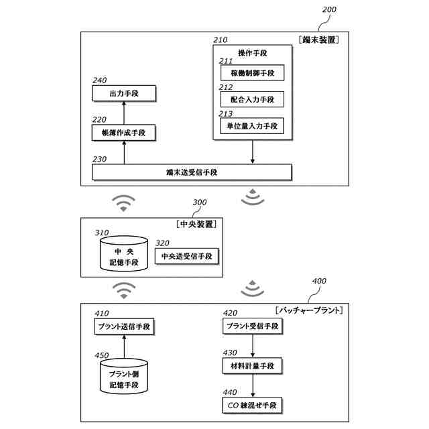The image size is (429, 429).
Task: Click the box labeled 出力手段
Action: pyautogui.click(x=124, y=93)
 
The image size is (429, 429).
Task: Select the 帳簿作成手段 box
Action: pyautogui.click(x=123, y=133)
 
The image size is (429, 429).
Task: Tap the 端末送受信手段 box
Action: pyautogui.click(x=192, y=172)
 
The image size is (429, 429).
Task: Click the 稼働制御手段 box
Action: pyautogui.click(x=252, y=73)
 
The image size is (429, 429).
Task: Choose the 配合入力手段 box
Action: pyautogui.click(x=252, y=99)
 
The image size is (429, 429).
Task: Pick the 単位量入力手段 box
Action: pyautogui.click(x=252, y=126)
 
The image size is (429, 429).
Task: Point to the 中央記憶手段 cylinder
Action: pyautogui.click(x=124, y=253)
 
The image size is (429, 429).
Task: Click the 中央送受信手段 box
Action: pyautogui.click(x=187, y=256)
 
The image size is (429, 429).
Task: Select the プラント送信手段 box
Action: pyautogui.click(x=124, y=326)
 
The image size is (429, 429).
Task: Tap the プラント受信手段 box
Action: pyautogui.click(x=253, y=326)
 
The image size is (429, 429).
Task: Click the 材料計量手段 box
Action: pyautogui.click(x=252, y=366)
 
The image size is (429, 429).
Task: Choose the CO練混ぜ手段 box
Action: pyautogui.click(x=252, y=405)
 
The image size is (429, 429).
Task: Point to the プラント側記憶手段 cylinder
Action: pyautogui.click(x=124, y=377)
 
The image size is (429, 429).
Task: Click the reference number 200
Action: pyautogui.click(x=329, y=9)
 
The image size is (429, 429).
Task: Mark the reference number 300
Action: pyautogui.click(x=200, y=202)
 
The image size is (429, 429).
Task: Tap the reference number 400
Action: pyautogui.click(x=319, y=281)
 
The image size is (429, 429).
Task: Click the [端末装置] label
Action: pyautogui.click(x=319, y=40)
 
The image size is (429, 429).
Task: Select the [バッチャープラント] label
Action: pyautogui.click(x=309, y=310)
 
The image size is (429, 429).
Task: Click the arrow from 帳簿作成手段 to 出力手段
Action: pyautogui.click(x=124, y=113)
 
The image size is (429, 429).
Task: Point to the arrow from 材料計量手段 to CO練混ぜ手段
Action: pyautogui.click(x=253, y=385)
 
